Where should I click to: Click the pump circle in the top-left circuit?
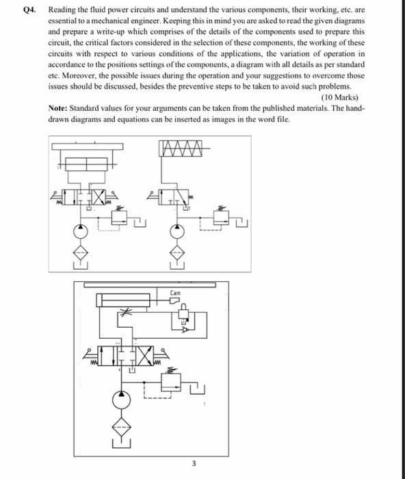[81, 231]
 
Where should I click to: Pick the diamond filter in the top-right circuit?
[177, 252]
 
